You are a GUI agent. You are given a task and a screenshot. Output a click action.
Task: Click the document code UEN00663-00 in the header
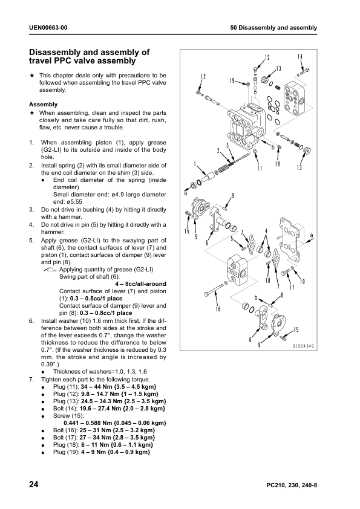pyautogui.click(x=48, y=28)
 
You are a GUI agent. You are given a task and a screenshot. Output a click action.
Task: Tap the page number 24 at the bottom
pyautogui.click(x=34, y=485)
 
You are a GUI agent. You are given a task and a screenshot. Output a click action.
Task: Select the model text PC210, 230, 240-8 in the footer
pyautogui.click(x=292, y=485)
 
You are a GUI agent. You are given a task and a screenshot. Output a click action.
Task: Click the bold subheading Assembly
pyautogui.click(x=43, y=105)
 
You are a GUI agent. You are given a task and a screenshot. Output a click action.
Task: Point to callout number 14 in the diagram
pyautogui.click(x=300, y=56)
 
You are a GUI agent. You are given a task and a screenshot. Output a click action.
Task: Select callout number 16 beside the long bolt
pyautogui.click(x=218, y=309)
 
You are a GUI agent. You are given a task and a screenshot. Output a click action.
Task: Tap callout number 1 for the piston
pyautogui.click(x=195, y=164)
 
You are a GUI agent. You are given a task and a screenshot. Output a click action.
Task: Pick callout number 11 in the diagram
pyautogui.click(x=260, y=168)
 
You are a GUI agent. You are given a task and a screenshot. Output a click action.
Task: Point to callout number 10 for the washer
pyautogui.click(x=302, y=281)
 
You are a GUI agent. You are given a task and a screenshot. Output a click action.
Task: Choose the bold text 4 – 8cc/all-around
pyautogui.click(x=141, y=284)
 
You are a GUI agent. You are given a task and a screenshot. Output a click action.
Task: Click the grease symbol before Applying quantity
pyautogui.click(x=50, y=270)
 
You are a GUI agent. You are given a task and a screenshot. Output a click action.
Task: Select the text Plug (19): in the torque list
pyautogui.click(x=67, y=452)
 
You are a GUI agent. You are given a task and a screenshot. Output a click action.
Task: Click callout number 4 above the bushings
pyautogui.click(x=266, y=231)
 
